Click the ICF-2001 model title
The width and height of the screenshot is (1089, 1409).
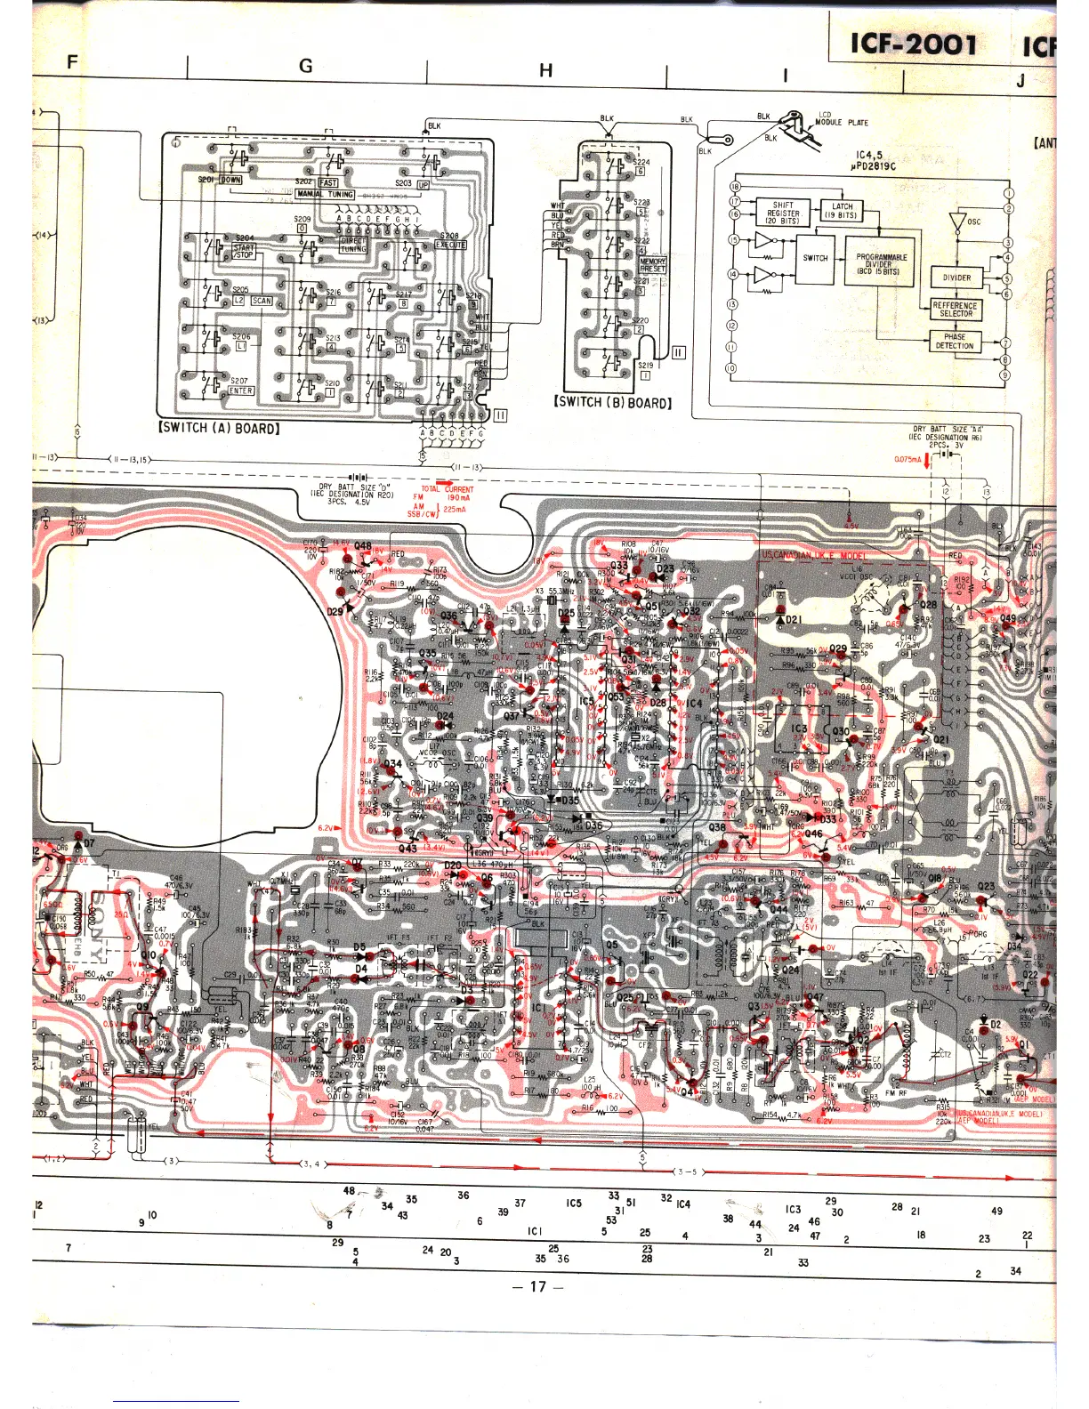point(914,44)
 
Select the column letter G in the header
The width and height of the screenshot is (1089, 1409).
point(306,65)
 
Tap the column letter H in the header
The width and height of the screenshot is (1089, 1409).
point(546,70)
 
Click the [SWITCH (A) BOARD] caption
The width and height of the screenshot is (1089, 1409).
point(219,428)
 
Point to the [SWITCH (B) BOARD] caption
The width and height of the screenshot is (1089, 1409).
point(612,402)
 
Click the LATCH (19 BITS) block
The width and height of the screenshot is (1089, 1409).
point(842,211)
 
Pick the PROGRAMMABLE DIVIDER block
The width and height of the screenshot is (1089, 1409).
point(881,264)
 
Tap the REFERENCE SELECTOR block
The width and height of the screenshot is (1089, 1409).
point(955,309)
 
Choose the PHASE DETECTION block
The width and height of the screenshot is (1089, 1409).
point(955,342)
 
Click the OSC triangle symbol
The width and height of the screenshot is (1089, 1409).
point(957,221)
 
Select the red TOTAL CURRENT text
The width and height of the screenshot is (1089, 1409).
point(447,489)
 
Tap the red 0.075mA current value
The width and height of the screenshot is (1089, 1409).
point(907,459)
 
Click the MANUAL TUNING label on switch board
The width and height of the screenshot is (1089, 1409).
point(326,194)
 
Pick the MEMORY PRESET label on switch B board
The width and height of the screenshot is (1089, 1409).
point(652,265)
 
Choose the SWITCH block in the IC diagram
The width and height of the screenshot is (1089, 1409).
point(815,258)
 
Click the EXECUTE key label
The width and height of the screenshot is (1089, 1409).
point(450,245)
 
